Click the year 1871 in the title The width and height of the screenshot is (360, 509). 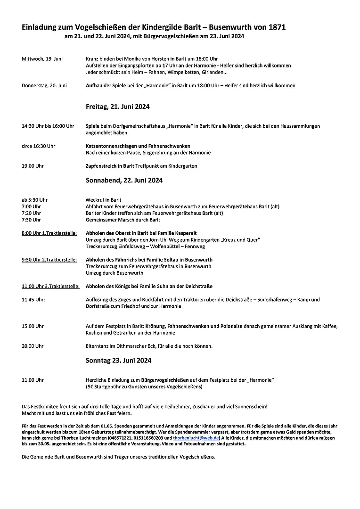point(275,28)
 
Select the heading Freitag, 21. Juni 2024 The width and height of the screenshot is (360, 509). point(117,107)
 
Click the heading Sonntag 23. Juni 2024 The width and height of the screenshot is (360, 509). point(118,361)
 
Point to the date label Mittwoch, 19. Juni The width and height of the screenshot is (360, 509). point(42,59)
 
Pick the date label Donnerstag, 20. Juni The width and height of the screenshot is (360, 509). point(44,85)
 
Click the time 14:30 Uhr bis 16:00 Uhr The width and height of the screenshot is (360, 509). point(48,126)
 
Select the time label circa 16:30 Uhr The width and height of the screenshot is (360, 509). point(39,146)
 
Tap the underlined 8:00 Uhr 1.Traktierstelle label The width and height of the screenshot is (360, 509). point(49,233)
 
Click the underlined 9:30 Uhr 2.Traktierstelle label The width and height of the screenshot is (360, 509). point(49,260)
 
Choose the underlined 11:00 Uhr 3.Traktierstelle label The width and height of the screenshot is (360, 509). point(50,286)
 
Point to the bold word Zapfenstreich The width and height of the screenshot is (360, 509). point(100,166)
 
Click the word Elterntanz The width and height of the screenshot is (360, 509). point(97,346)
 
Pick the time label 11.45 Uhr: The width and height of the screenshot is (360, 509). point(33,299)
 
